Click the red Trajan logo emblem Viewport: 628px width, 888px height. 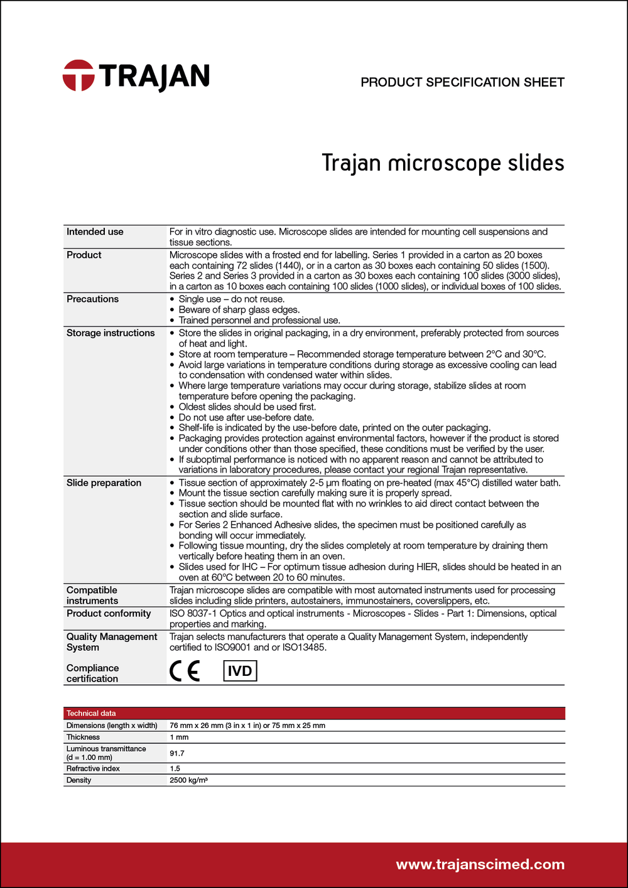[x=78, y=76]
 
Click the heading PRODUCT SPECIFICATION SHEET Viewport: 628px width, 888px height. [x=462, y=82]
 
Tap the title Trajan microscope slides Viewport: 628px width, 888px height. [x=443, y=163]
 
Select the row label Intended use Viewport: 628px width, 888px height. [x=95, y=232]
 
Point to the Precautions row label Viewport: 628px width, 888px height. [x=92, y=299]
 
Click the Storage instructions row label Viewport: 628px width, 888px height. [x=111, y=333]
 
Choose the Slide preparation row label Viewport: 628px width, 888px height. [x=104, y=483]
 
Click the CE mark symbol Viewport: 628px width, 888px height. [x=185, y=671]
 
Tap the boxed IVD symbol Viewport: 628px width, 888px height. [x=240, y=671]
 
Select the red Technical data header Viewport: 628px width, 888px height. [x=91, y=714]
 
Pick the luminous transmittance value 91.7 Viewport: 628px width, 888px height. [x=177, y=753]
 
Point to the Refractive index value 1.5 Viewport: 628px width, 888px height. [x=175, y=769]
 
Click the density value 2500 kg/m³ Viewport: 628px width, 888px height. [x=188, y=781]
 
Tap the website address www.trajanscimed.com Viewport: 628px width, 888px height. [x=480, y=865]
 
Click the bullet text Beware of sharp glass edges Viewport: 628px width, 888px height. [x=239, y=310]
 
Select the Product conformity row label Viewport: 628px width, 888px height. [x=109, y=614]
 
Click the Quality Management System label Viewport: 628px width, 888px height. [x=111, y=642]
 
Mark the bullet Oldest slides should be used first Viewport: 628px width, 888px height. [x=247, y=407]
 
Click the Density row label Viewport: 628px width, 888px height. [x=78, y=781]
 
